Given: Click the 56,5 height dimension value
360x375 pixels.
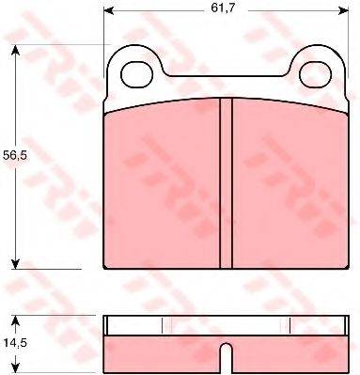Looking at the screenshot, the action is tap(15, 155).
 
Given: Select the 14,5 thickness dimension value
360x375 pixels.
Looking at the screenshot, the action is tap(15, 343).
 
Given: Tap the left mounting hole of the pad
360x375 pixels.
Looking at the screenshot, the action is tap(136, 75).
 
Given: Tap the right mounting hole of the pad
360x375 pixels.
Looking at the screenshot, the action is tap(315, 74).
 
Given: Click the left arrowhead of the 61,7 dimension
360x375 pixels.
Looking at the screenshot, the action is tap(108, 10).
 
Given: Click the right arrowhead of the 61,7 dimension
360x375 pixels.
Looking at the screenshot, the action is tap(344, 10).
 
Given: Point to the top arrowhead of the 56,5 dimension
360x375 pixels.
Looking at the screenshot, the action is tap(15, 50).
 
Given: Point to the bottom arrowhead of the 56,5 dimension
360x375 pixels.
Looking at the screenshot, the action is tap(15, 264).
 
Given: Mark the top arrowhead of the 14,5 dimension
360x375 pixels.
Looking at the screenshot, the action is tap(15, 320).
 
